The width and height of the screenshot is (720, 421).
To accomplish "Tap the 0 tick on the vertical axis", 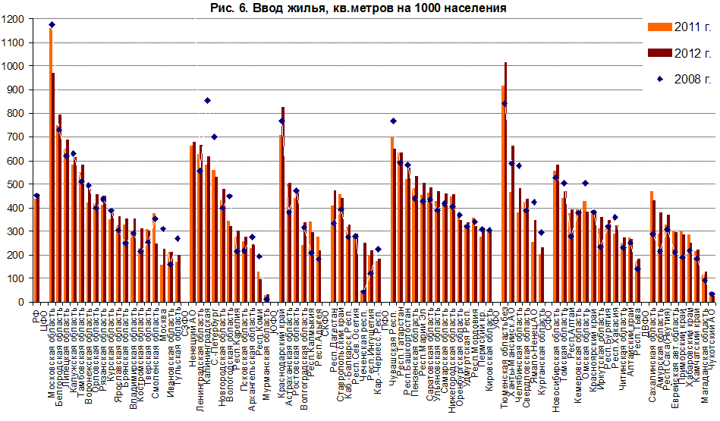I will [22, 302].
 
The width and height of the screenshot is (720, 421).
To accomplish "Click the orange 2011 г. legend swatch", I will [658, 27].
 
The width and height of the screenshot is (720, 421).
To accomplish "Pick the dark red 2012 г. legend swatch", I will [658, 53].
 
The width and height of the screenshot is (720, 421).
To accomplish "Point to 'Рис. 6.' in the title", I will [229, 8].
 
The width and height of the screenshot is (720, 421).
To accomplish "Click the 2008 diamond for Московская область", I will [52, 25].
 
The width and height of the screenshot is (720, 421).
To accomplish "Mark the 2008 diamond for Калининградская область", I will [207, 100].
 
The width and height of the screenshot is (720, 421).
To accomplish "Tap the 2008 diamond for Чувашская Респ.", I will [393, 121].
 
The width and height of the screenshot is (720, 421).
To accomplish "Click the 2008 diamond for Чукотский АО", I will [712, 294].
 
